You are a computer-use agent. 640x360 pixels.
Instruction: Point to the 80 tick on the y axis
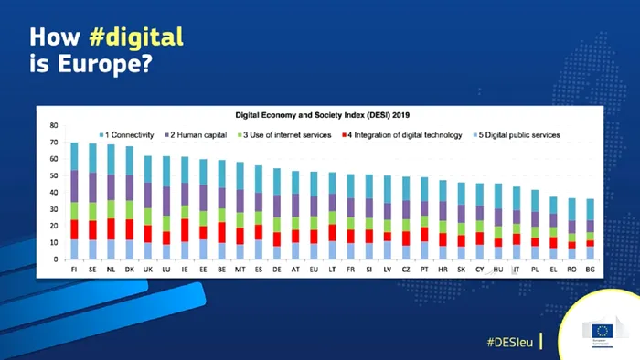tap(53, 125)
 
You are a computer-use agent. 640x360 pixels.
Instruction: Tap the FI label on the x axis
tap(74, 270)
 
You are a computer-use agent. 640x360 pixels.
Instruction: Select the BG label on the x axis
tap(592, 270)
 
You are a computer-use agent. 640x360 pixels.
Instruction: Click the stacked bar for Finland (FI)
tap(74, 201)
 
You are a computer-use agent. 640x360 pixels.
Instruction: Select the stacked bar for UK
tap(147, 207)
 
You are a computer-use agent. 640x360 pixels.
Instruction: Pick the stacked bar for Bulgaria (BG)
tap(592, 228)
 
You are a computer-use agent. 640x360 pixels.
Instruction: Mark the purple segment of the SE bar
tap(92, 186)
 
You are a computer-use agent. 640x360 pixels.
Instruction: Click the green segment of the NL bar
tap(111, 208)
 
